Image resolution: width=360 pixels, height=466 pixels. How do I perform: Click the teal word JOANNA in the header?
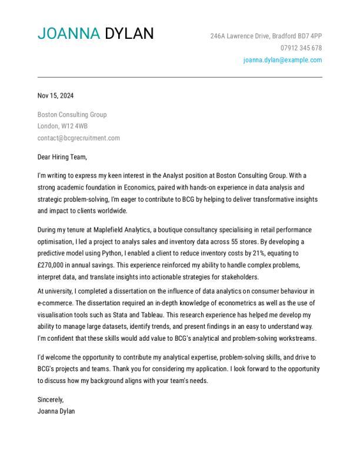coord(69,34)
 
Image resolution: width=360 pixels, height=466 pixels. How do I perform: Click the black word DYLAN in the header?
coord(129,34)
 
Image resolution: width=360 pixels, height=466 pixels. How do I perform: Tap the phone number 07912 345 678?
coord(301,48)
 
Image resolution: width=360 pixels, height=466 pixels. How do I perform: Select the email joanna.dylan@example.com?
coord(282,60)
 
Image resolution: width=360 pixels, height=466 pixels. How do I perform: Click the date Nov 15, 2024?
coord(56,96)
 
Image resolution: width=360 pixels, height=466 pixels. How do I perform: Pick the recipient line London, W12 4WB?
coord(62,127)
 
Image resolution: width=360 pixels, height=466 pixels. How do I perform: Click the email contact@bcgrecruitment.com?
coord(78,138)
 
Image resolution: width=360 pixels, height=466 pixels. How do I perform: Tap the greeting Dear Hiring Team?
coord(62,157)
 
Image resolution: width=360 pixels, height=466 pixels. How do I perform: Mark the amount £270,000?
coord(52,265)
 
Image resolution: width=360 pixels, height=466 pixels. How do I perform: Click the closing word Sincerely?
coord(51,400)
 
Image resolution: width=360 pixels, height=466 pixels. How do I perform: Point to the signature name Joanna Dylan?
coord(56,411)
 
